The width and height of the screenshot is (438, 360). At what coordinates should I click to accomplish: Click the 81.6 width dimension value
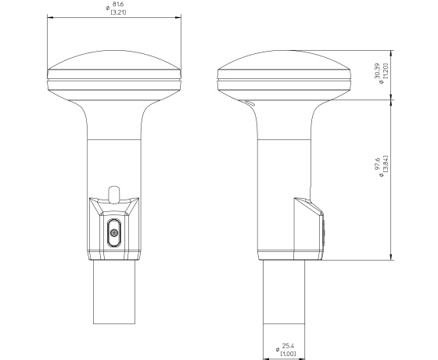click(x=118, y=5)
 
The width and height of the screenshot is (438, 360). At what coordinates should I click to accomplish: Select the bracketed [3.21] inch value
click(x=118, y=12)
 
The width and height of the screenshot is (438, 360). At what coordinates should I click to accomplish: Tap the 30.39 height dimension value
click(x=377, y=71)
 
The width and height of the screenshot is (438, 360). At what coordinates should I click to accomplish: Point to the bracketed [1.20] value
click(x=386, y=70)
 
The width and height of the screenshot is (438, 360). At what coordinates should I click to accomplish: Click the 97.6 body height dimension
click(x=377, y=164)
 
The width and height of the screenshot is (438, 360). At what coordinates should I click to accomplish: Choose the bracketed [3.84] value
click(x=386, y=164)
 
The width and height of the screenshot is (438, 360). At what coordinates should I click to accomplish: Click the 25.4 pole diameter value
click(x=288, y=346)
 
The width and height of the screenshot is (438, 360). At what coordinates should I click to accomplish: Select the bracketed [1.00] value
click(x=288, y=354)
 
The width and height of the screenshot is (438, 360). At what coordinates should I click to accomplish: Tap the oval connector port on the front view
click(x=114, y=233)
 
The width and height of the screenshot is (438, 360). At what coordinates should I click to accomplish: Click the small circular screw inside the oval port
click(x=114, y=232)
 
